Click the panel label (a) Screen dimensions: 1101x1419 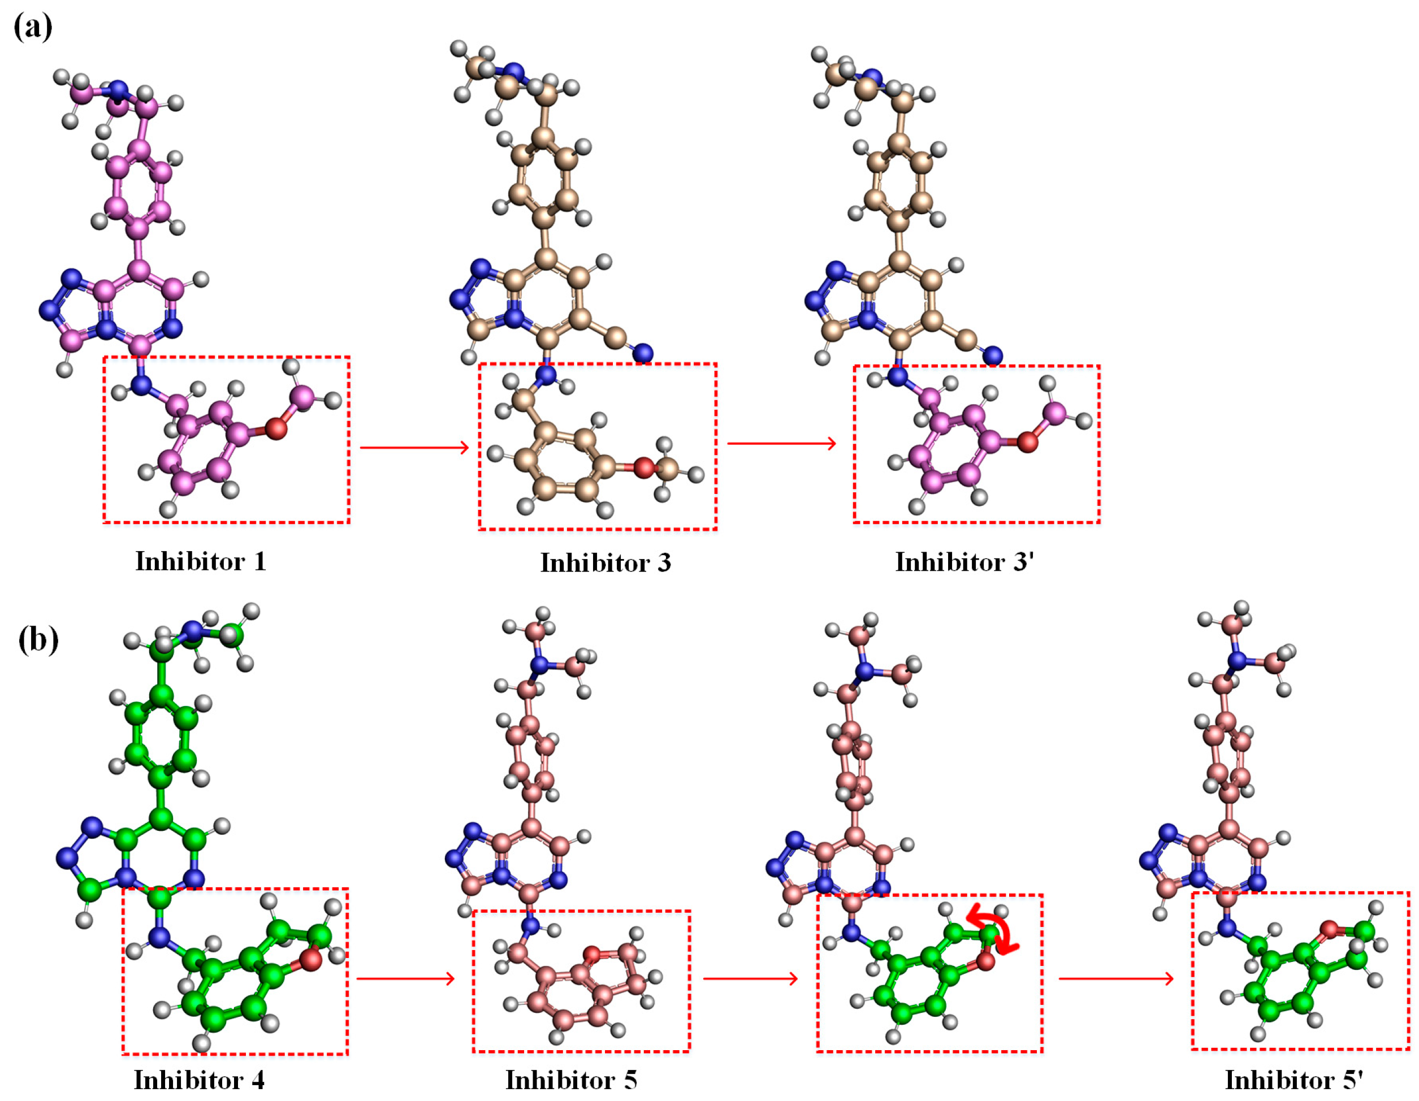[x=32, y=27]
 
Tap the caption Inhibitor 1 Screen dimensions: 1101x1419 [x=201, y=561]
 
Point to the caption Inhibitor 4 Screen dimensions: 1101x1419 [x=199, y=1080]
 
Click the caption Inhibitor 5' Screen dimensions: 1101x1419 [x=1293, y=1080]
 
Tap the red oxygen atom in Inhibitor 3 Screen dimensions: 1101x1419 [x=644, y=467]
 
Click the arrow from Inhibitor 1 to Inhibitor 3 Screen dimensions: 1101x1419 [x=414, y=447]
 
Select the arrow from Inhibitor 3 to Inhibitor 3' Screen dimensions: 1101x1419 [x=782, y=443]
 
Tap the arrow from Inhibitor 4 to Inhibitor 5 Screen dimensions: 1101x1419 [x=405, y=978]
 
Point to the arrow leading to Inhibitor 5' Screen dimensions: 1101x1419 [x=1116, y=978]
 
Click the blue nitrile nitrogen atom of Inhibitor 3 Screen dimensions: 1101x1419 [x=643, y=353]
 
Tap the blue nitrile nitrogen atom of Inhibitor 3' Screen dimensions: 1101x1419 [x=993, y=356]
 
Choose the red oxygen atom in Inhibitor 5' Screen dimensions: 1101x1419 [x=1329, y=930]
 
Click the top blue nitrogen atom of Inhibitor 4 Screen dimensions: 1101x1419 [x=192, y=630]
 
